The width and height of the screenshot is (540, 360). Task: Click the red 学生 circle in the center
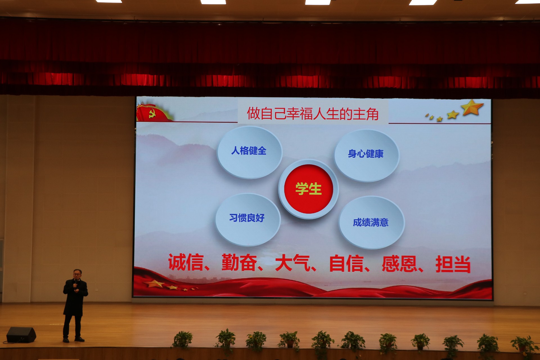[x=309, y=189]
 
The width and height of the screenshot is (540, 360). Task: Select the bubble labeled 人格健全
[x=249, y=152]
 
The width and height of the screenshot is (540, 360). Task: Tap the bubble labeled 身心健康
[x=366, y=155]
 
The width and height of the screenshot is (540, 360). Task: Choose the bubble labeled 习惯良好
[x=248, y=219]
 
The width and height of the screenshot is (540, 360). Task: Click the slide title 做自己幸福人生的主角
[x=313, y=114]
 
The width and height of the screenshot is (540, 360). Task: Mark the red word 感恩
[x=399, y=264]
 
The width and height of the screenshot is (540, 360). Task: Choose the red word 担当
[x=453, y=264]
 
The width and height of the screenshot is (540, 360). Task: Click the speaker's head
[x=77, y=274]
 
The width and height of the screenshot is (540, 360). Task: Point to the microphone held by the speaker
[x=75, y=283]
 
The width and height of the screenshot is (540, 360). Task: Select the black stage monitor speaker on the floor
[x=21, y=335]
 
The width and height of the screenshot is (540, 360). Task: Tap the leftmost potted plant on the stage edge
[x=183, y=340]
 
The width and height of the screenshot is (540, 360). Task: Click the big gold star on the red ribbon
[x=154, y=283]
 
